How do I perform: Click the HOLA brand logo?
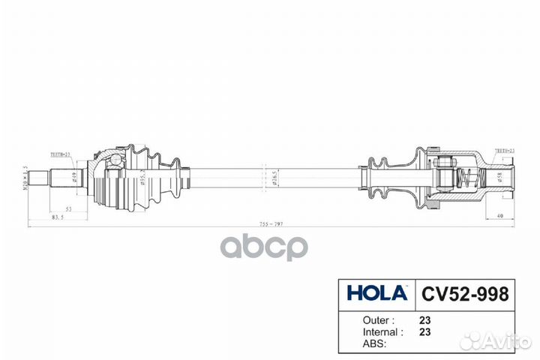[x=376, y=292]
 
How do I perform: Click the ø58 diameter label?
[x=499, y=178]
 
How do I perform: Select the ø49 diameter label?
[x=73, y=178]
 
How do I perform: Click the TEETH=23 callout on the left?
[x=61, y=153]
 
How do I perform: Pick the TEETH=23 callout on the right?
[x=503, y=151]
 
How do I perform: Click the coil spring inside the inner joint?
[x=467, y=178]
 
